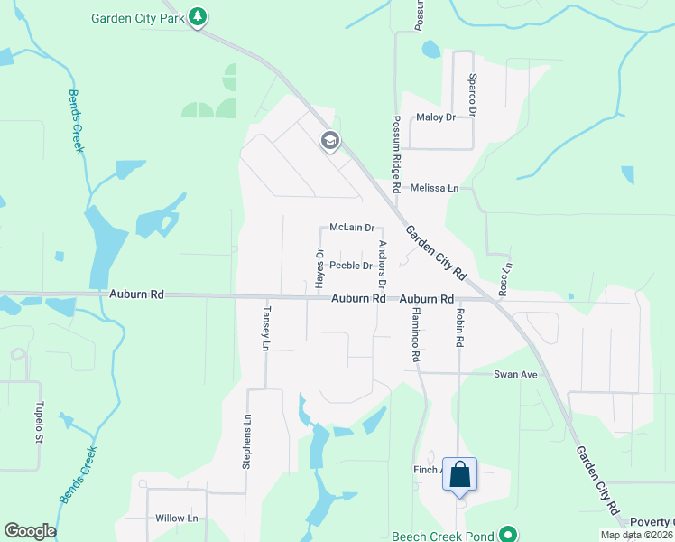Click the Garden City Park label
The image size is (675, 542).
point(138,17)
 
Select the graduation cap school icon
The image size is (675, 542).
point(329,140)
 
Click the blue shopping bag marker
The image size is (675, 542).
point(459,474)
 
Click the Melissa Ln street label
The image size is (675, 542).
point(434,188)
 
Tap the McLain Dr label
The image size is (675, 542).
point(352,228)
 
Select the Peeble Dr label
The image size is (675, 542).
point(351,266)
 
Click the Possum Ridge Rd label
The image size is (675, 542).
point(395,145)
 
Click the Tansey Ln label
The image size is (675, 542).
point(265,329)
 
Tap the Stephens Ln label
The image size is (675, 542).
point(245,441)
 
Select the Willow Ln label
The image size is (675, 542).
point(176,519)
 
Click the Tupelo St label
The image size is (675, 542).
point(39,423)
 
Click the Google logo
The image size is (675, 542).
point(30,531)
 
